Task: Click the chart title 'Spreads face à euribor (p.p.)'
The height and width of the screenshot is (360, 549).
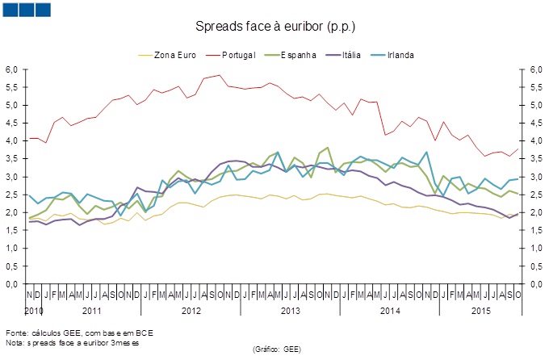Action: point(273,27)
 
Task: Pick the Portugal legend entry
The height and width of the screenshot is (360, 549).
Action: point(239,55)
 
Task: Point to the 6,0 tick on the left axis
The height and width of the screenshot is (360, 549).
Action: point(11,69)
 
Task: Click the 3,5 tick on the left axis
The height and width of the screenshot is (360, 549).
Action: point(11,159)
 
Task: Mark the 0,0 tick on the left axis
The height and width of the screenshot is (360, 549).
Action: point(11,284)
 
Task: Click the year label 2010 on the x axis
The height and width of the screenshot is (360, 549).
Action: point(32,311)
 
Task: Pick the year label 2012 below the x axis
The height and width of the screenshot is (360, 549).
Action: point(191,311)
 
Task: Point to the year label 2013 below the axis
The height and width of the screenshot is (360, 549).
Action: point(291,311)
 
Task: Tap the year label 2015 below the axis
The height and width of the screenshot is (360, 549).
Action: point(482,311)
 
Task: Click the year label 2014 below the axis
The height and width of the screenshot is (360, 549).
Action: point(390,311)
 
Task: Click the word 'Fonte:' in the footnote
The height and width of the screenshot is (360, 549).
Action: point(16,332)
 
